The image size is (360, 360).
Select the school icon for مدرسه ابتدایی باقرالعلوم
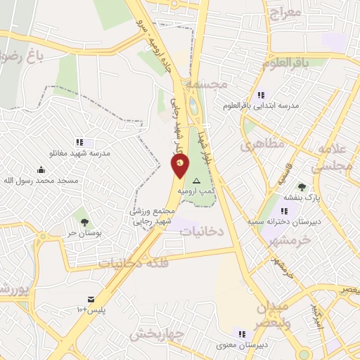pyautogui.click(x=260, y=95)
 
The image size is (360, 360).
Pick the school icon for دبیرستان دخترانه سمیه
pyautogui.click(x=284, y=211)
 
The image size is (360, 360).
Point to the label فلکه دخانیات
pyautogui.click(x=134, y=263)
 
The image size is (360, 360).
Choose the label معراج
pyautogui.click(x=284, y=12)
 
